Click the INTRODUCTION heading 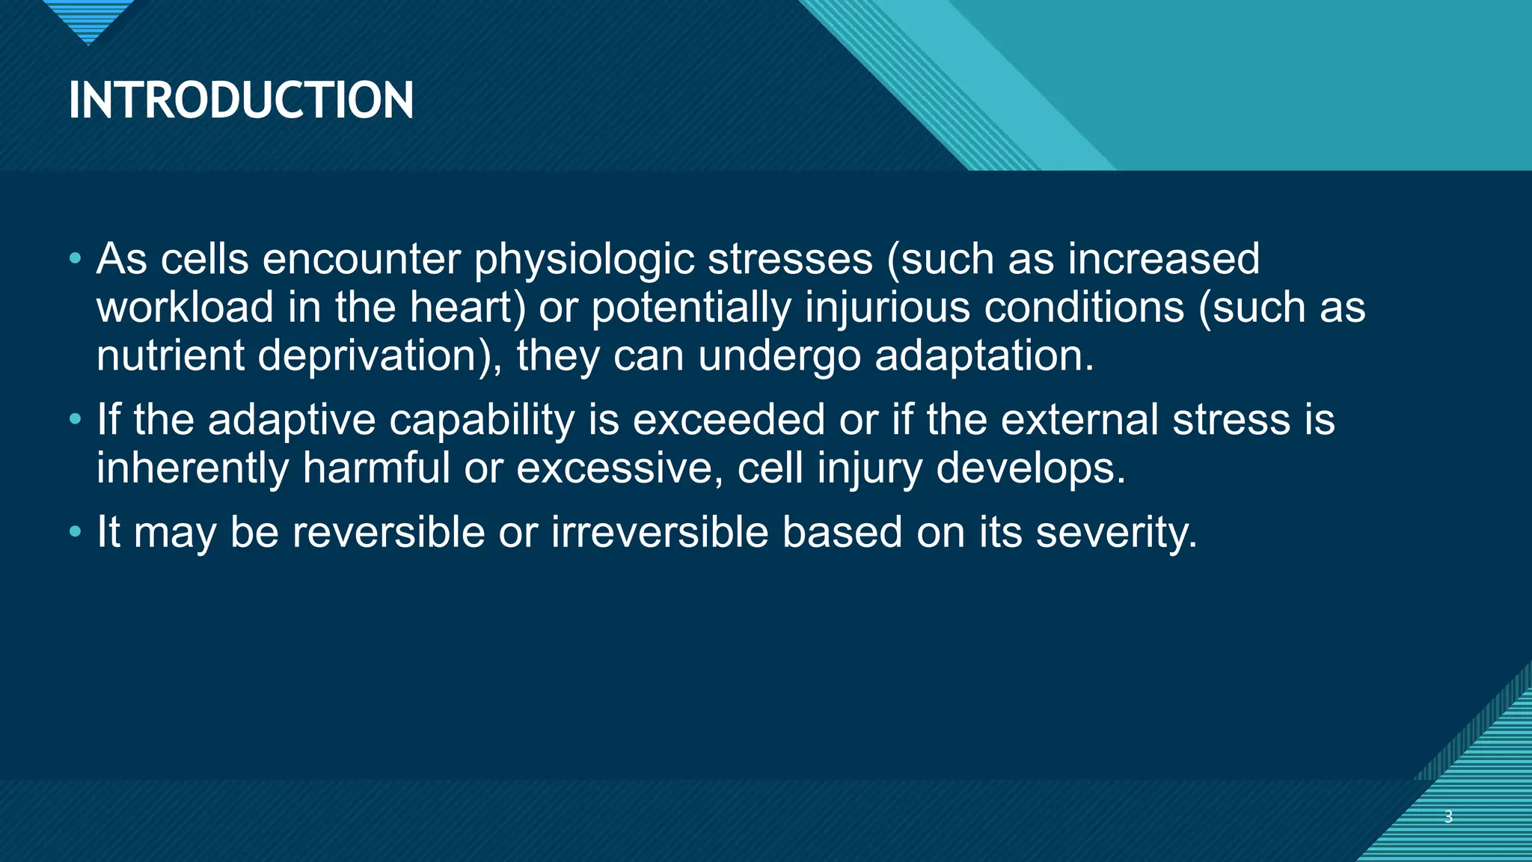[x=241, y=100]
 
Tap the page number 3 [x=1448, y=816]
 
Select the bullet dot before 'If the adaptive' [x=75, y=420]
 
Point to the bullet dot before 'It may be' [x=75, y=533]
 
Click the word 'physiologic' [x=584, y=260]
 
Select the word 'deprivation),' [x=380, y=355]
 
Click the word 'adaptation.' [x=984, y=355]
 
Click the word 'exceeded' [x=729, y=420]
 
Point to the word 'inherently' [x=192, y=468]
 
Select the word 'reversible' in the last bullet [x=388, y=533]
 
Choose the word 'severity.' [x=1116, y=533]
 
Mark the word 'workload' [x=185, y=308]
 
